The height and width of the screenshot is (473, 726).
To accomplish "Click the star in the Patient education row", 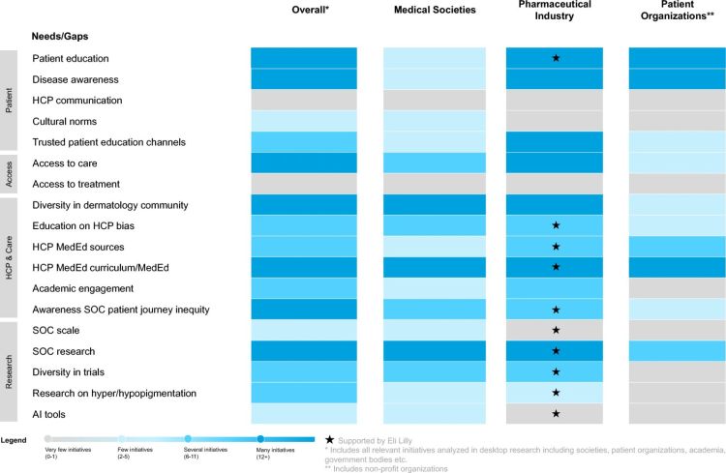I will click(x=555, y=58).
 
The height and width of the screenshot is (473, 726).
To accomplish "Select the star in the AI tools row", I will click(x=555, y=414).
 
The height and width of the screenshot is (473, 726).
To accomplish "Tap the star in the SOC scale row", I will click(x=555, y=331).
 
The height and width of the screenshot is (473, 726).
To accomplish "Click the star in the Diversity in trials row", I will click(x=555, y=372).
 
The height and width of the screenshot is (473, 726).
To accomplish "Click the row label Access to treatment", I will click(x=76, y=184).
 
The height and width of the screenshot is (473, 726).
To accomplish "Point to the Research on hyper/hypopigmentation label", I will click(x=115, y=393).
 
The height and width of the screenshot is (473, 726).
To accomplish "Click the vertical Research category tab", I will click(x=10, y=372).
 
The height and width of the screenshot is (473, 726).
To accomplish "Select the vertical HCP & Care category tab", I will click(x=10, y=257).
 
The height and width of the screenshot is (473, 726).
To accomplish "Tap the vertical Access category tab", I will click(x=10, y=173).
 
